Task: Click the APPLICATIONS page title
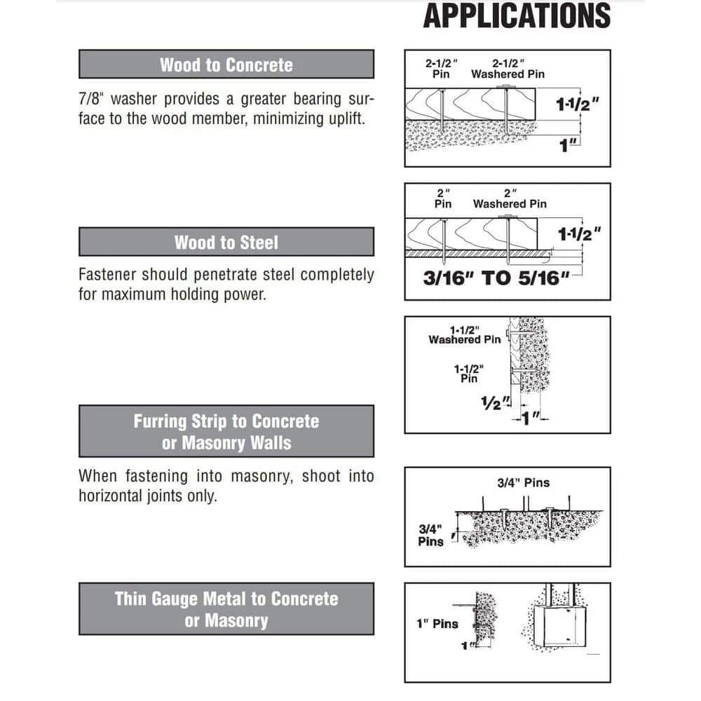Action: tap(517, 15)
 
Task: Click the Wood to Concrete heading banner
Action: tap(226, 64)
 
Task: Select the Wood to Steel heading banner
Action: tap(226, 243)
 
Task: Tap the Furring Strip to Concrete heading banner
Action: tap(226, 432)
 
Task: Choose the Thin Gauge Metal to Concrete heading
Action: tap(226, 609)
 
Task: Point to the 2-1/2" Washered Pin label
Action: tap(508, 68)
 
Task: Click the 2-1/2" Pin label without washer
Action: tap(441, 68)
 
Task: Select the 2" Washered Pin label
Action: tap(510, 198)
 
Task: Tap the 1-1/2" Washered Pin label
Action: tap(465, 335)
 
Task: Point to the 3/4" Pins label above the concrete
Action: tap(523, 482)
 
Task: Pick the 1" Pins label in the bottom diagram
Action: tap(436, 623)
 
